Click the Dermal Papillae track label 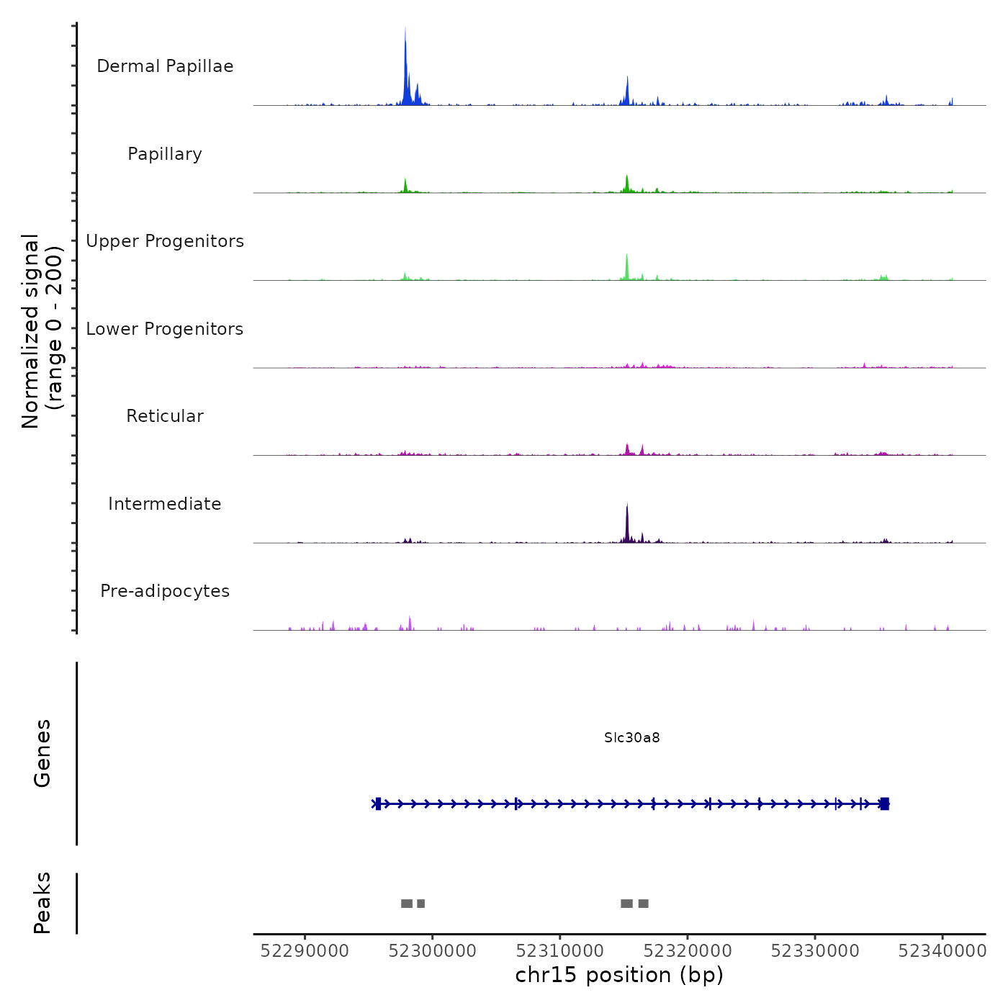165,66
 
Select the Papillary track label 165,154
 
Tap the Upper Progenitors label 165,241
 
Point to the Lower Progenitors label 165,329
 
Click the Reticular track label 165,416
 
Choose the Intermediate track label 165,504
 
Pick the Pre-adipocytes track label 165,591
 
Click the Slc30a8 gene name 632,738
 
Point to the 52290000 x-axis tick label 305,951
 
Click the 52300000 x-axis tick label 432,951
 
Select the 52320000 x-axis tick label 688,951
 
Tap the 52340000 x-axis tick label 942,951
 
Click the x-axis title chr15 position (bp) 619,975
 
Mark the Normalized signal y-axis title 42,331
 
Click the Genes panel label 42,753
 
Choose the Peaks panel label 42,903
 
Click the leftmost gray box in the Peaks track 407,904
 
